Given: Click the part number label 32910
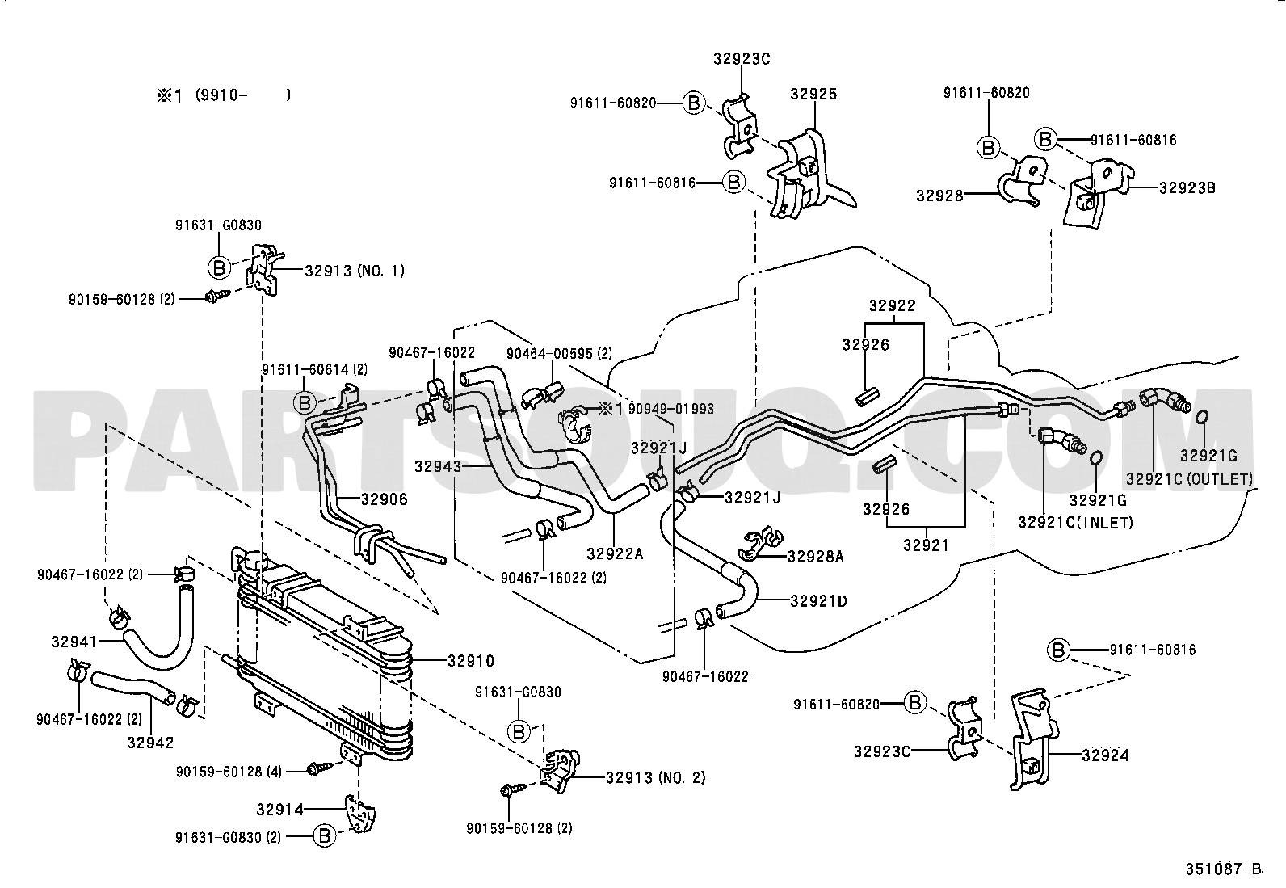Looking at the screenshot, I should [x=471, y=661].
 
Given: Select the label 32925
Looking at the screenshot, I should [x=813, y=94].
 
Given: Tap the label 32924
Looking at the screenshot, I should [x=1105, y=755].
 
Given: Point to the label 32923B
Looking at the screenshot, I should [x=1187, y=188].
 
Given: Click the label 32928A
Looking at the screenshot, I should [x=815, y=556].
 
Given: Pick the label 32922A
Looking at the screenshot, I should [x=615, y=553].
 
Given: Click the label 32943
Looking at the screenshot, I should [x=437, y=466].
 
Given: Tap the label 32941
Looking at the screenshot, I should [x=74, y=642].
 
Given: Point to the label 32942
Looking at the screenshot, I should [x=149, y=742].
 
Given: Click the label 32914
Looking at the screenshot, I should [x=280, y=809].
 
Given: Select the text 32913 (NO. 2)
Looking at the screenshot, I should [x=655, y=777].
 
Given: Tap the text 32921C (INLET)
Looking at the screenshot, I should [x=1075, y=522].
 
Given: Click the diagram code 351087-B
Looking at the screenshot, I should [x=1223, y=869].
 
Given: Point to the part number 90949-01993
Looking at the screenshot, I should [x=670, y=409].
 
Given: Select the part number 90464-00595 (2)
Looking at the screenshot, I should [x=559, y=353].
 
